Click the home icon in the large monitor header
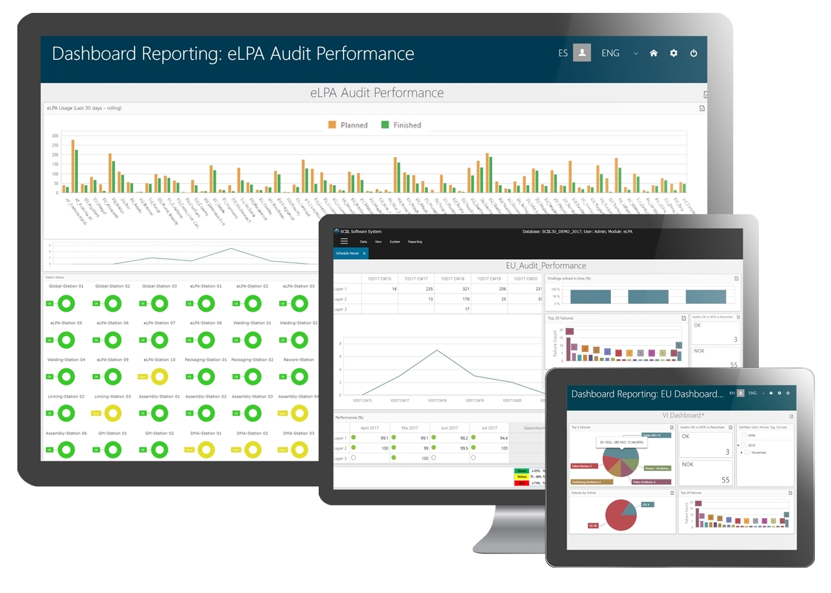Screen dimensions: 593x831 pos(653,53)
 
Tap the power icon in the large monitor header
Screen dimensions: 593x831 pos(693,53)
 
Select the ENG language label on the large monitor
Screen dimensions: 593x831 pos(610,53)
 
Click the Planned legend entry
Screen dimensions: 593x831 pos(348,125)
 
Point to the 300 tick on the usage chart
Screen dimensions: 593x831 pos(55,136)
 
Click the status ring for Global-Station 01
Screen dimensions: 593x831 pos(67,303)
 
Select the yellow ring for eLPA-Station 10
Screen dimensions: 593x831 pos(159,376)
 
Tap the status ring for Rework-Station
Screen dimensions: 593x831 pos(299,376)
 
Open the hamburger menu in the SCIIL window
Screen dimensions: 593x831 pos(344,241)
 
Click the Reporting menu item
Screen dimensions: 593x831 pos(415,242)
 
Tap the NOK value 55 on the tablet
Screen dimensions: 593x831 pos(725,479)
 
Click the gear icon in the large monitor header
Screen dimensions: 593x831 pos(673,53)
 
